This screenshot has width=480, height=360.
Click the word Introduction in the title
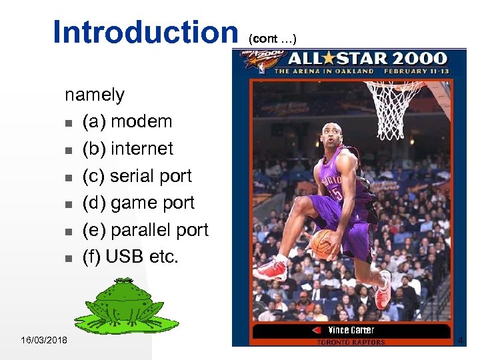tap(145, 32)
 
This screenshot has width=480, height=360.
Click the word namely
tap(94, 95)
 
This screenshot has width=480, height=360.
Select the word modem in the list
tap(141, 121)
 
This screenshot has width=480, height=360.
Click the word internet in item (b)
tap(142, 149)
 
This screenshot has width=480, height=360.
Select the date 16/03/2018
tap(44, 341)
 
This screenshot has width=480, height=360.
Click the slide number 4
tap(460, 341)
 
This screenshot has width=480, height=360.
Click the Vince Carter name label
tap(351, 330)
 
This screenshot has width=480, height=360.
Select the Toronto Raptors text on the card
tap(351, 342)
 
